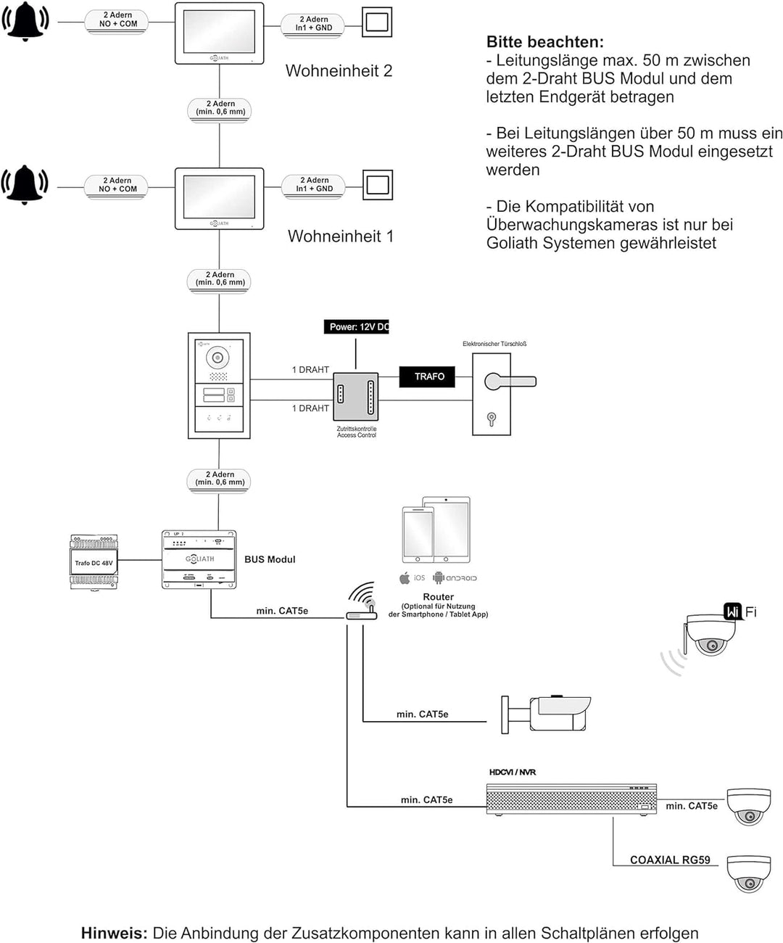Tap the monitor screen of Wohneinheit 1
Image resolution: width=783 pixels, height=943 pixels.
click(219, 196)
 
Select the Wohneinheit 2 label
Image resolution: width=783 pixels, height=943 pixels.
click(339, 71)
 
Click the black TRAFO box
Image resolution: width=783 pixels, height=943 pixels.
click(429, 376)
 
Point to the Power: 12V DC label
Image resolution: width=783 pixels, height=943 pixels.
click(357, 327)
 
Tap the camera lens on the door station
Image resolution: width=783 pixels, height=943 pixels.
click(217, 357)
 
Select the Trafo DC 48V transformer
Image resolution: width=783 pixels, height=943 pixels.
click(94, 563)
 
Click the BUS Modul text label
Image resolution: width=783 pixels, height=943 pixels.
click(270, 559)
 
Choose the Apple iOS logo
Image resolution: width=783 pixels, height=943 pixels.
click(405, 578)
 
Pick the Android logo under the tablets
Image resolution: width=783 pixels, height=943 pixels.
click(438, 578)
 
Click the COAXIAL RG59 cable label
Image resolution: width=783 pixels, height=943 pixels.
click(669, 860)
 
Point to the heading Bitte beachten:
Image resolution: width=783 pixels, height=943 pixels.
click(544, 42)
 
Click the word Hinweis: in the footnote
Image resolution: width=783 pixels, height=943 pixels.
click(114, 934)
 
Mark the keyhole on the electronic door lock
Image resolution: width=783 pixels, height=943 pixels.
click(492, 418)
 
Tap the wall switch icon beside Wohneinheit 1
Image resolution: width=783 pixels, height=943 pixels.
click(378, 185)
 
